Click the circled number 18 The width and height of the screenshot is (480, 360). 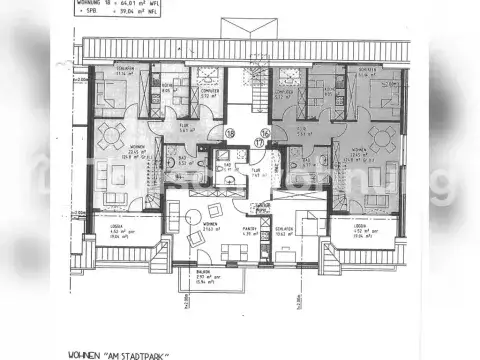(x=229, y=132)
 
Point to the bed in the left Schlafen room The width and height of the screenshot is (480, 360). (x=112, y=96)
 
